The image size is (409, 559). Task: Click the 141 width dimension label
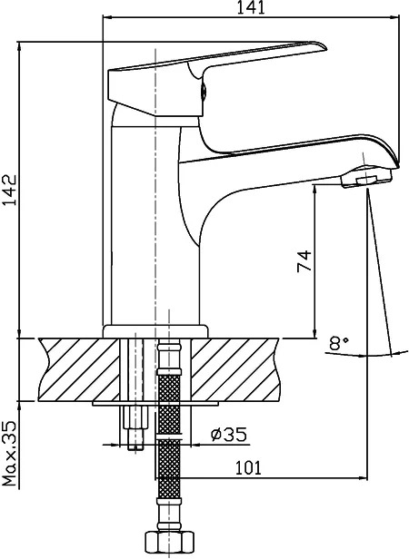coord(251,7)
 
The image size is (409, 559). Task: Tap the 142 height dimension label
coord(9,190)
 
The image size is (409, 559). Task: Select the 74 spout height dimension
coord(304,261)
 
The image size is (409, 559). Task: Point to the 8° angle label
coord(339,344)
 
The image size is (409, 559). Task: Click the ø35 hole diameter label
coord(229,434)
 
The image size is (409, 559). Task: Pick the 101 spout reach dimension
coord(248,467)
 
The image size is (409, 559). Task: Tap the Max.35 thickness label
coord(10,454)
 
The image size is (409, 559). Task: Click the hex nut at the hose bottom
coord(169,543)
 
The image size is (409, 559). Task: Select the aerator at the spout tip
coord(366,177)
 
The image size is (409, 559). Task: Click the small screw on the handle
coord(204,90)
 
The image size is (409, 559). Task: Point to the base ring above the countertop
coord(155,331)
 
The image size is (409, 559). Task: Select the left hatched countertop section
coord(78,369)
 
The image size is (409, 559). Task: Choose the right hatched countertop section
coord(235,369)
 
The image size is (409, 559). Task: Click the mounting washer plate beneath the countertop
coord(155,404)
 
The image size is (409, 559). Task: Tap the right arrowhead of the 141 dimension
coord(394,16)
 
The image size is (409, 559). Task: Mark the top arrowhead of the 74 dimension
coord(314,190)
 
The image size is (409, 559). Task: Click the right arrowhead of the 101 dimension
coord(363,477)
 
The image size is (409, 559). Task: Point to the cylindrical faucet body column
coord(155,225)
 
